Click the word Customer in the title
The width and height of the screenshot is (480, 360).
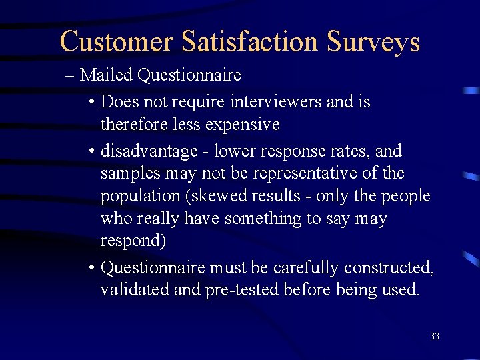(x=117, y=41)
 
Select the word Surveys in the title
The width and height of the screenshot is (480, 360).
(x=373, y=41)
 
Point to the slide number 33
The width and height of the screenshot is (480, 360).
(x=435, y=337)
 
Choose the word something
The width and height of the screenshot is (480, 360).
(x=260, y=219)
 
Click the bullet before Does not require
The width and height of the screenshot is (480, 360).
(x=91, y=103)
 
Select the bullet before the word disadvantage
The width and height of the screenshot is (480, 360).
(x=91, y=151)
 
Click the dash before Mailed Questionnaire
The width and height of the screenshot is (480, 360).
(x=70, y=75)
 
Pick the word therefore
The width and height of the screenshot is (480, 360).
(x=134, y=125)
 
